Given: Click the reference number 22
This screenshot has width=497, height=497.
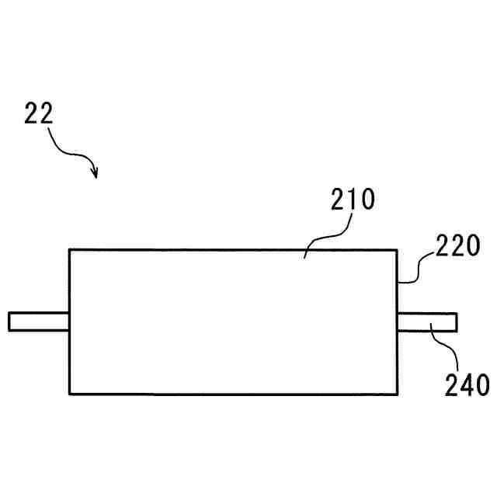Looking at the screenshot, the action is click(38, 114).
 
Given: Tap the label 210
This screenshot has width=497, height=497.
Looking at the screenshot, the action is click(353, 200).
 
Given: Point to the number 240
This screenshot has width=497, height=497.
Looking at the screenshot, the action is click(467, 384).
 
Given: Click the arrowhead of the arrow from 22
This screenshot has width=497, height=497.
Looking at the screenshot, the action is click(95, 173).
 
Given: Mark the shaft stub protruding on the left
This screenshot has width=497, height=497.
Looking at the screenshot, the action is click(39, 321).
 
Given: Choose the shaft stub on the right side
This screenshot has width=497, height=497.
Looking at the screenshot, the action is click(426, 321).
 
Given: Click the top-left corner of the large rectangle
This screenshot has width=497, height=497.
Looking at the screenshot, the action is click(69, 249).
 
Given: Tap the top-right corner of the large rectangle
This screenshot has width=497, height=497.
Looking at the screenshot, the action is click(397, 249).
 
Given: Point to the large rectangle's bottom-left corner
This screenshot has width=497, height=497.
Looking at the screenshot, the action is click(69, 394).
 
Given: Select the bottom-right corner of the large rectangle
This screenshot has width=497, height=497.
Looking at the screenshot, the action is click(397, 394).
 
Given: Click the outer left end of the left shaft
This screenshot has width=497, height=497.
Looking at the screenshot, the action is click(9, 321).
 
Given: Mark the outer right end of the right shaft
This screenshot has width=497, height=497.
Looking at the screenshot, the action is click(457, 321).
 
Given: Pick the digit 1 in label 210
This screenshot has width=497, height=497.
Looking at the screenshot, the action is click(352, 200).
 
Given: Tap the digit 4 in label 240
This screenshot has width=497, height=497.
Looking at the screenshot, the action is click(467, 384).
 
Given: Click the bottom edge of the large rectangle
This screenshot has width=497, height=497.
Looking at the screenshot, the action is click(233, 394).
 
